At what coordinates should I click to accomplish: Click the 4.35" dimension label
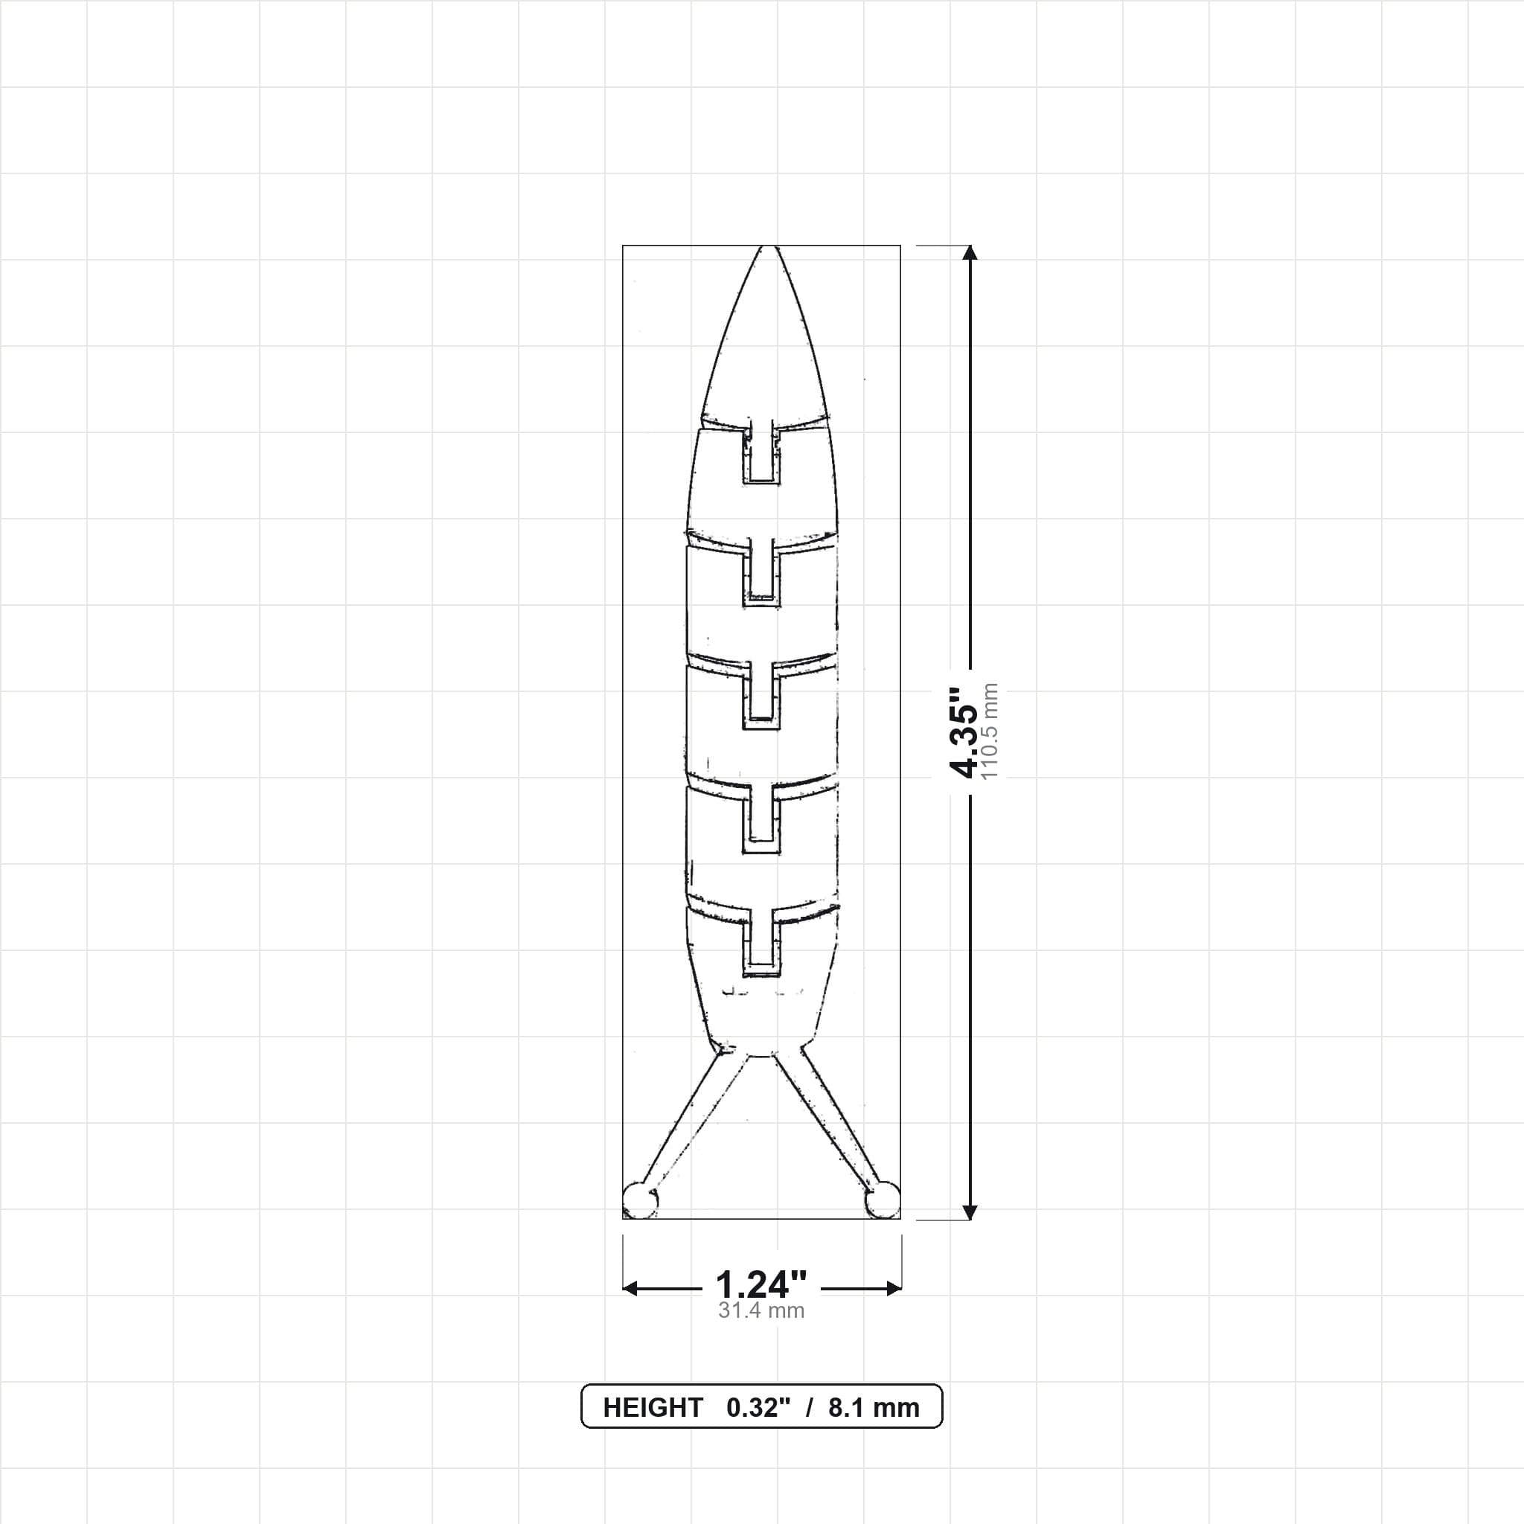964,732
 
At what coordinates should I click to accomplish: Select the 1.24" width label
761,1285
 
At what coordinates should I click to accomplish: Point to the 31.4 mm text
761,1311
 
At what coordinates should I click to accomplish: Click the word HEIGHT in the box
653,1408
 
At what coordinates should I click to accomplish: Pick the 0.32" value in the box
758,1408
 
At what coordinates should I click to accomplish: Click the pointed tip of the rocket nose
763,246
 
